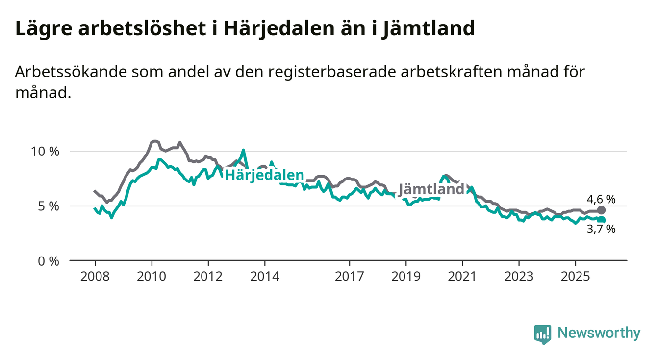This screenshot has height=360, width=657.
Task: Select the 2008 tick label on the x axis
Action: click(x=95, y=276)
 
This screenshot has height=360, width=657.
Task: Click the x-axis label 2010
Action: click(x=152, y=276)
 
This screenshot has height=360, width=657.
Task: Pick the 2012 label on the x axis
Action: click(x=208, y=276)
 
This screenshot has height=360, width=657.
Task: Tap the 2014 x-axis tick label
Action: click(x=265, y=276)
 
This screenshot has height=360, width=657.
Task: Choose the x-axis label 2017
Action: click(x=350, y=276)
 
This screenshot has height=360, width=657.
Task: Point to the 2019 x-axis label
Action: click(x=406, y=276)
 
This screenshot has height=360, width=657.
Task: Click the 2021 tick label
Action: click(x=463, y=276)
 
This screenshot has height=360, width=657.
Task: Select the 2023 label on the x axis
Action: click(x=519, y=276)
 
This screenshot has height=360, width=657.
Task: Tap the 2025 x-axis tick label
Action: click(x=576, y=276)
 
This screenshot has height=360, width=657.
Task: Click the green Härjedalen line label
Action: click(x=264, y=175)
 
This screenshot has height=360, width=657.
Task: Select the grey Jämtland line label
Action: click(x=431, y=189)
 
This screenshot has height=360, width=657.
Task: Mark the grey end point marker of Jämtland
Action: click(x=602, y=210)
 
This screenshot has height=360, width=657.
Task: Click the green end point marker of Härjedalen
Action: click(x=602, y=220)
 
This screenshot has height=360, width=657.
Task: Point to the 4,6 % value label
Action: click(x=601, y=199)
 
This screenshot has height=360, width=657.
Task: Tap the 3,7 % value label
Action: click(x=601, y=230)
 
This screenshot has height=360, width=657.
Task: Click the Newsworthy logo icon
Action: click(x=542, y=334)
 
